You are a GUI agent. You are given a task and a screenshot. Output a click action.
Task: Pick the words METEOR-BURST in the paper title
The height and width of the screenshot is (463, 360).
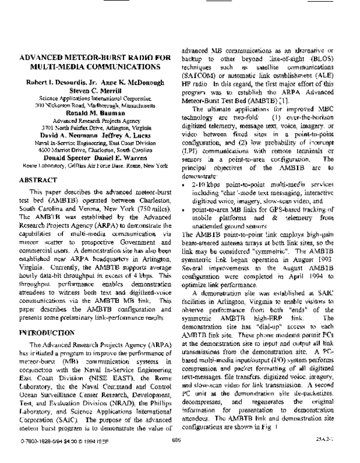pyautogui.click(x=87, y=59)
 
